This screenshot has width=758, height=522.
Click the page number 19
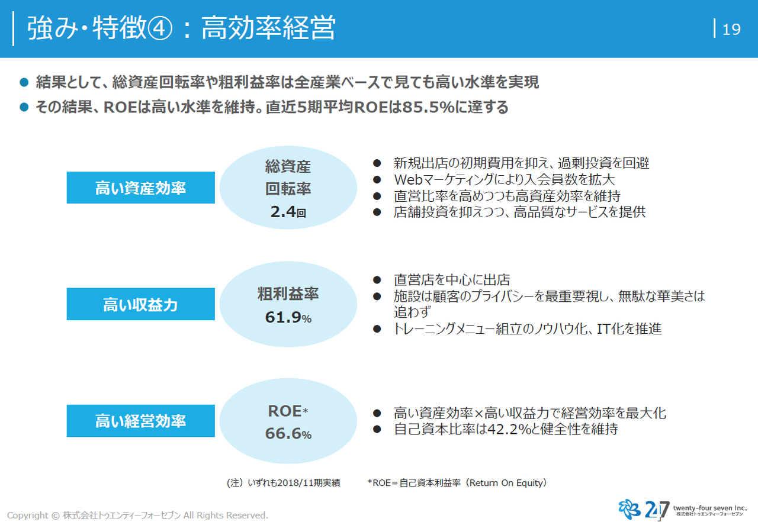pos(731,30)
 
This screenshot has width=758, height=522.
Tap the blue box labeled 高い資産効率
pos(140,188)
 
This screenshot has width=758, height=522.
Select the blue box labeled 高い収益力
pos(140,304)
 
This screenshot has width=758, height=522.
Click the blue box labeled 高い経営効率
pos(140,421)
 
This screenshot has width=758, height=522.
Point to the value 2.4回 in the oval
pos(288,212)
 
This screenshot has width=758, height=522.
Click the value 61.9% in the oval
pos(288,317)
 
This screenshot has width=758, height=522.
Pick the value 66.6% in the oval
pos(288,433)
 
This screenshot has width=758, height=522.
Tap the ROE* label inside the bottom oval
pos(288,411)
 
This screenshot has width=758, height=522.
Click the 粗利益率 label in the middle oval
pos(288,294)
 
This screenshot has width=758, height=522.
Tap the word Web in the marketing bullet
pos(409,179)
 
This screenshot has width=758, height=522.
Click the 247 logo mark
pos(644,509)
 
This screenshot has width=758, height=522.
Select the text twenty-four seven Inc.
pos(710,508)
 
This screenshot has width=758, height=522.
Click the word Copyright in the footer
pos(27,515)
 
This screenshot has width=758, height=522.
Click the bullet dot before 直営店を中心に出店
pos(377,280)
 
